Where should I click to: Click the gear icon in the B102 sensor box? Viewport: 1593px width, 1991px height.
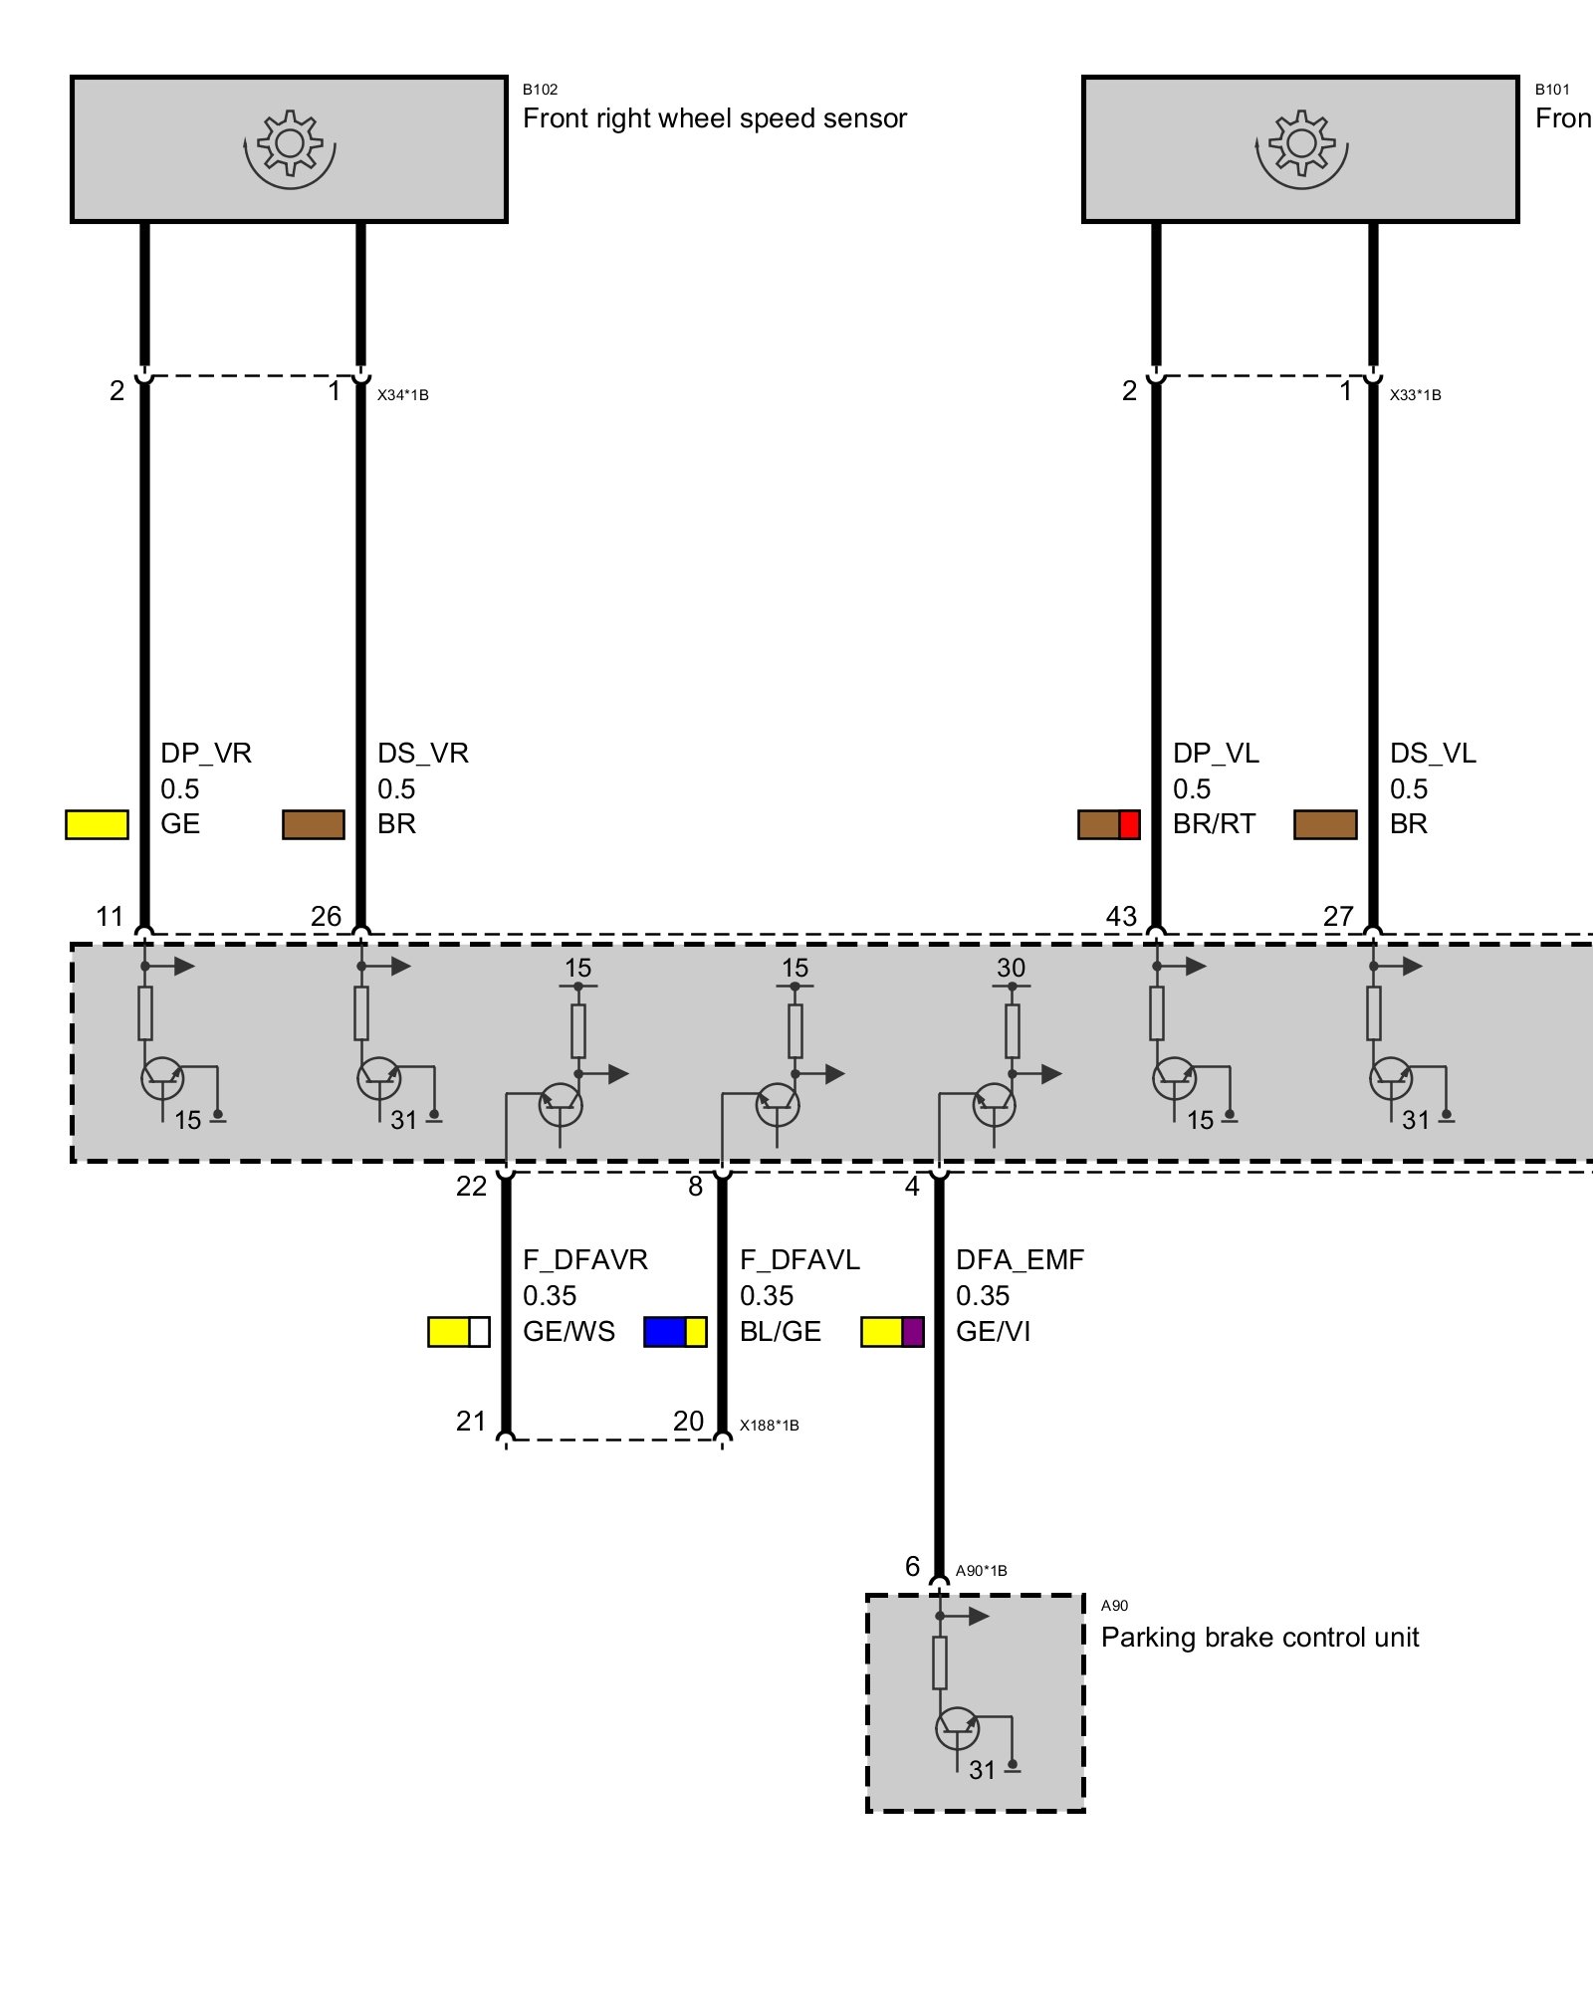click(x=290, y=145)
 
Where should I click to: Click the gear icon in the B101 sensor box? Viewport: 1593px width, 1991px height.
click(x=1301, y=145)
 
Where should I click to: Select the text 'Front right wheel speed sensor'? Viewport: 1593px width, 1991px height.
click(x=715, y=118)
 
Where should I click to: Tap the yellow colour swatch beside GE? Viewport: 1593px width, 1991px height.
click(x=97, y=824)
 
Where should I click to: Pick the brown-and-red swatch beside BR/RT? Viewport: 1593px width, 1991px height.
click(x=1108, y=824)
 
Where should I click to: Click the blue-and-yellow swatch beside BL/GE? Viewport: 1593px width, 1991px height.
click(x=675, y=1332)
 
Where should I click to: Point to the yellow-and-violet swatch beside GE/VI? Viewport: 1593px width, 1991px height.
click(x=892, y=1332)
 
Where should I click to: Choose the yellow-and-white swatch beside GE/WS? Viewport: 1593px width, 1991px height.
click(x=458, y=1332)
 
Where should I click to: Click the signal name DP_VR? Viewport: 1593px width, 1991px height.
click(x=206, y=754)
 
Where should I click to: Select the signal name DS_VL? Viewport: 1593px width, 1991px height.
click(x=1433, y=754)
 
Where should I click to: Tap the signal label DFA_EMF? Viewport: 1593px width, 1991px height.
click(x=1020, y=1260)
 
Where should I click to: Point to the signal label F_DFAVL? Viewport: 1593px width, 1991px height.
click(x=799, y=1260)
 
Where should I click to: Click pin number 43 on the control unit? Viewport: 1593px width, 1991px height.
click(x=1121, y=917)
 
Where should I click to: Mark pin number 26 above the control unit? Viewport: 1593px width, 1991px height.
click(x=326, y=917)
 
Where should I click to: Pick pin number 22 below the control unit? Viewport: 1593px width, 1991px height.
click(x=471, y=1186)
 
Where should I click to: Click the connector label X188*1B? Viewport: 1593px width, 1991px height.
click(x=769, y=1426)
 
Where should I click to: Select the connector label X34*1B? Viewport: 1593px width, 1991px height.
click(x=402, y=395)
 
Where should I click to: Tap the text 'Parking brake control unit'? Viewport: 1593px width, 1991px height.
click(x=1259, y=1638)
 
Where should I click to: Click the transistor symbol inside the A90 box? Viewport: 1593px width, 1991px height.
click(x=958, y=1728)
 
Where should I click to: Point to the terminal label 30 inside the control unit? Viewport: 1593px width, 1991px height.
click(x=1011, y=968)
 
